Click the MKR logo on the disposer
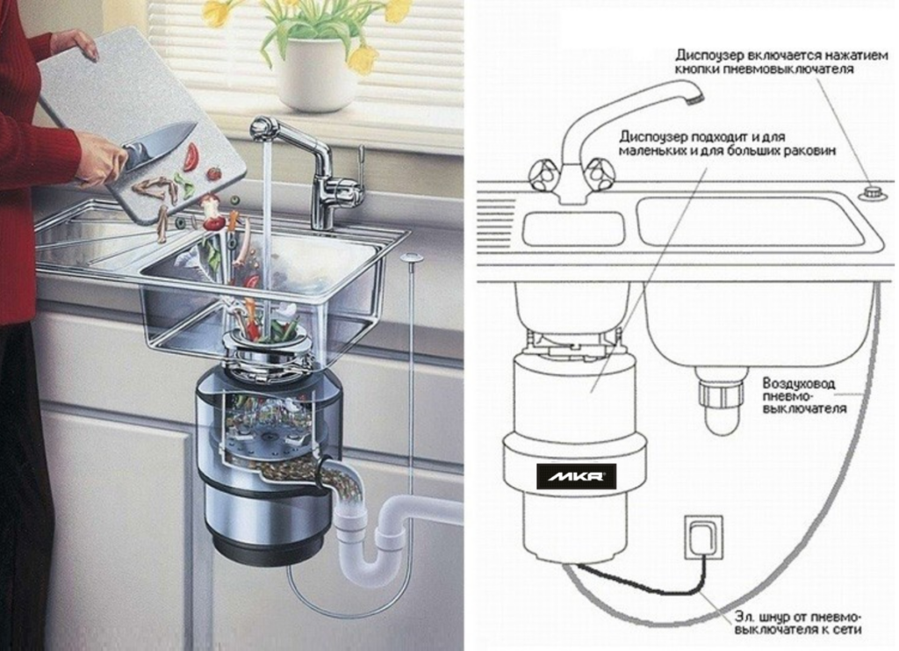click(576, 476)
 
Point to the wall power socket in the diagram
click(703, 537)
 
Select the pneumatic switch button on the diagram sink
click(873, 192)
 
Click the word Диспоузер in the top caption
click(709, 55)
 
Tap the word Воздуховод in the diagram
click(798, 382)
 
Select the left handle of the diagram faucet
click(543, 174)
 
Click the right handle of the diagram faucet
click(600, 172)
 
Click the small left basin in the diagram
click(574, 228)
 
